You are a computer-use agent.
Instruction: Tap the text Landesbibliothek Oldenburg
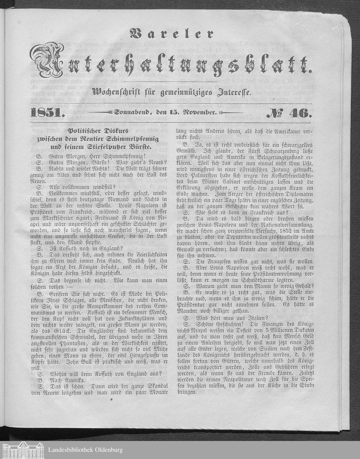[85, 450]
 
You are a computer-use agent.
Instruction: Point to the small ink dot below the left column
[112, 399]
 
